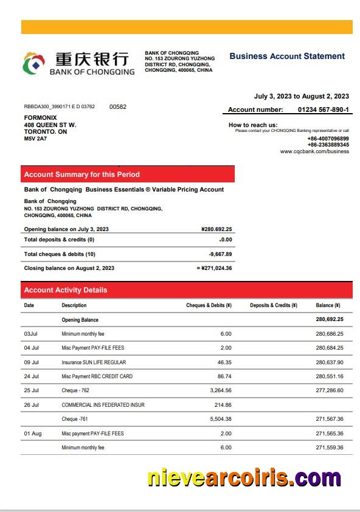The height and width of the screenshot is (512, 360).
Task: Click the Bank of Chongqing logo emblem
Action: click(34, 63)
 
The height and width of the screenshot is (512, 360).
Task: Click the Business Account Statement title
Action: click(287, 56)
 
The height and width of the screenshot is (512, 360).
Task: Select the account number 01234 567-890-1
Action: click(323, 109)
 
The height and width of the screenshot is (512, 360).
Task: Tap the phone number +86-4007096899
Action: click(328, 139)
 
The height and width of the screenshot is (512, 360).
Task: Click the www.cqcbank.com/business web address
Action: click(314, 151)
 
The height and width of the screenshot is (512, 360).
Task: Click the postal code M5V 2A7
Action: click(35, 139)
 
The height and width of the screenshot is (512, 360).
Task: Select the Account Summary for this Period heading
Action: click(81, 175)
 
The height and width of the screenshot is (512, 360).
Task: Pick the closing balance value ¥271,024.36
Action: click(216, 268)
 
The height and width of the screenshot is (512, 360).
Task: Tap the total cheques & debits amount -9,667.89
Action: click(220, 254)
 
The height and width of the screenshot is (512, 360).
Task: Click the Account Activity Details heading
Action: click(65, 290)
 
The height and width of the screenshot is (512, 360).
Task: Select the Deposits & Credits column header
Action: click(273, 305)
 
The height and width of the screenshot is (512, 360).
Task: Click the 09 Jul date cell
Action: click(32, 362)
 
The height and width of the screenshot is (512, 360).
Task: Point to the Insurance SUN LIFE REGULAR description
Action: click(94, 362)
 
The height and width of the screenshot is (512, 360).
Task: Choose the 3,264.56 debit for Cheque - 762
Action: click(220, 390)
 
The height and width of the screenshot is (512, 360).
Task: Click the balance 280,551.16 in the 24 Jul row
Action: click(330, 376)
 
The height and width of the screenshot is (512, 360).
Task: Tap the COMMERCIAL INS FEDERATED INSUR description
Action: click(103, 405)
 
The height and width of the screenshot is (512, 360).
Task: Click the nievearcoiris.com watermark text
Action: click(244, 478)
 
